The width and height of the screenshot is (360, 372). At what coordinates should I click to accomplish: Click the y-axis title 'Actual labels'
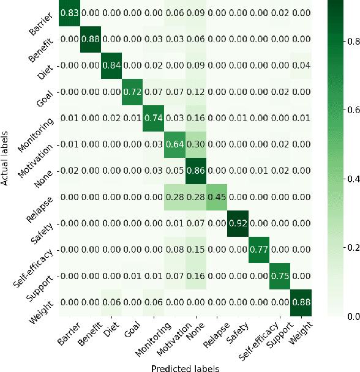[x=6, y=157]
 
